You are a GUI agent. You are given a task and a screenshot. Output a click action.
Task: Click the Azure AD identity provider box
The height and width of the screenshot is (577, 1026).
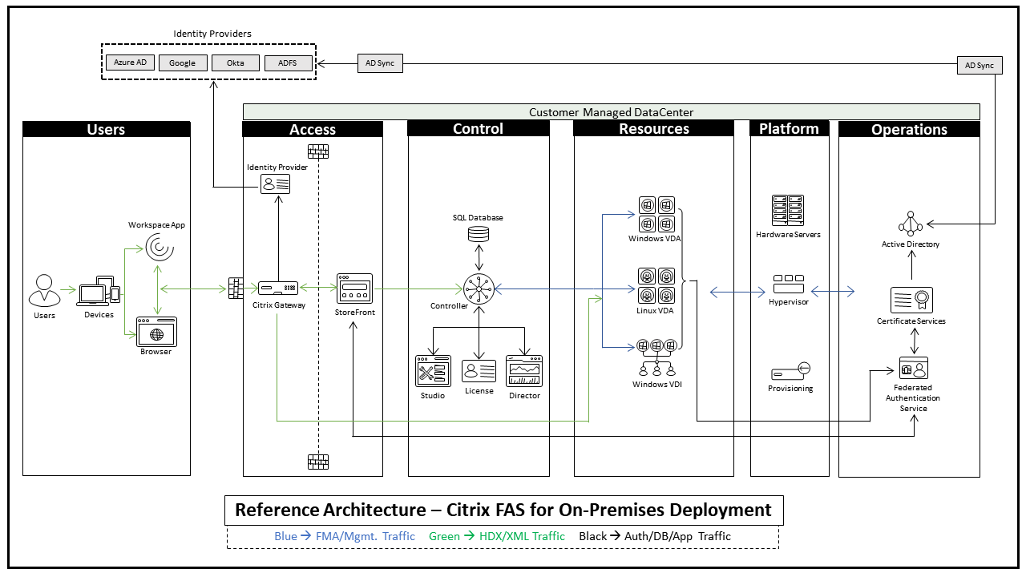pos(130,63)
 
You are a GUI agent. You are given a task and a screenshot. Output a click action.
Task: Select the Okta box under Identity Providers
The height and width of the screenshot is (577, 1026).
pos(235,63)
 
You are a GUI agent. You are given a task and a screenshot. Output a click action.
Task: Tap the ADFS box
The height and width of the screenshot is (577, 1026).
pos(288,63)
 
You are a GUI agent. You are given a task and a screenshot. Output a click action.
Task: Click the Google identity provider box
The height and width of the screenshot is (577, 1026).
pos(182,63)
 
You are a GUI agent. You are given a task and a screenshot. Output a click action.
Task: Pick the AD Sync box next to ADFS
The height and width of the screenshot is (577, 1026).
pos(379,63)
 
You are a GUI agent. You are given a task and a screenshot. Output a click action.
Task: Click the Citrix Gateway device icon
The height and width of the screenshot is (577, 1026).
pos(278,287)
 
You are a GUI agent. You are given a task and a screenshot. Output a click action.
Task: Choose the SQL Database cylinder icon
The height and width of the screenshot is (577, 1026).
pos(479,235)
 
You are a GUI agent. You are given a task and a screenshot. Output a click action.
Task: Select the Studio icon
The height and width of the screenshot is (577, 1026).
pos(433,372)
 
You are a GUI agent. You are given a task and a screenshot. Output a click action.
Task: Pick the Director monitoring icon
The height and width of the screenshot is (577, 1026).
pos(524,372)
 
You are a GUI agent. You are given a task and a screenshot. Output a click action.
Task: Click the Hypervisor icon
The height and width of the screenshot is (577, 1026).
pos(789,284)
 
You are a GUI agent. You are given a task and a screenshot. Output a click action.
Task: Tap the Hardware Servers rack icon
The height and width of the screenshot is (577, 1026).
pos(788,211)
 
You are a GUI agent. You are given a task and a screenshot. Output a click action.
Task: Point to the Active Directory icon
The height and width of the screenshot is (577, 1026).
pos(911,224)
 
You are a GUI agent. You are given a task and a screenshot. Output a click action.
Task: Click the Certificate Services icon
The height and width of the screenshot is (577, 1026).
pos(911,301)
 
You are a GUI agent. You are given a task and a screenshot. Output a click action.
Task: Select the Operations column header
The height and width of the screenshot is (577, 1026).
pos(909,129)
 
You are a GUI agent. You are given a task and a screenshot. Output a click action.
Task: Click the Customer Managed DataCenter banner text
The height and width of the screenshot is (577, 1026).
pos(611,112)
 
